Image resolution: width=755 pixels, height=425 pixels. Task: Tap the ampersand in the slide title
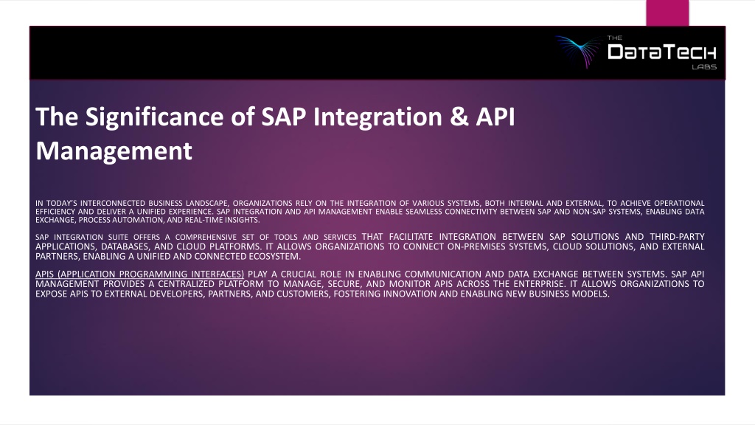click(459, 117)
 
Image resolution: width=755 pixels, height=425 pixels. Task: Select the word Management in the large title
click(114, 151)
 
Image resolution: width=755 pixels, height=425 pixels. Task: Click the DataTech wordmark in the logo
click(662, 52)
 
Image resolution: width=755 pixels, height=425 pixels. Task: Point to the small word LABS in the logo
click(704, 67)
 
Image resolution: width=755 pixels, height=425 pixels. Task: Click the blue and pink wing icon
click(578, 50)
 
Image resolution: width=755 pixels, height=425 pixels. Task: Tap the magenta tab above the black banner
click(667, 13)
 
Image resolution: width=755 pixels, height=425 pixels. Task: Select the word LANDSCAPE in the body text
click(206, 204)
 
